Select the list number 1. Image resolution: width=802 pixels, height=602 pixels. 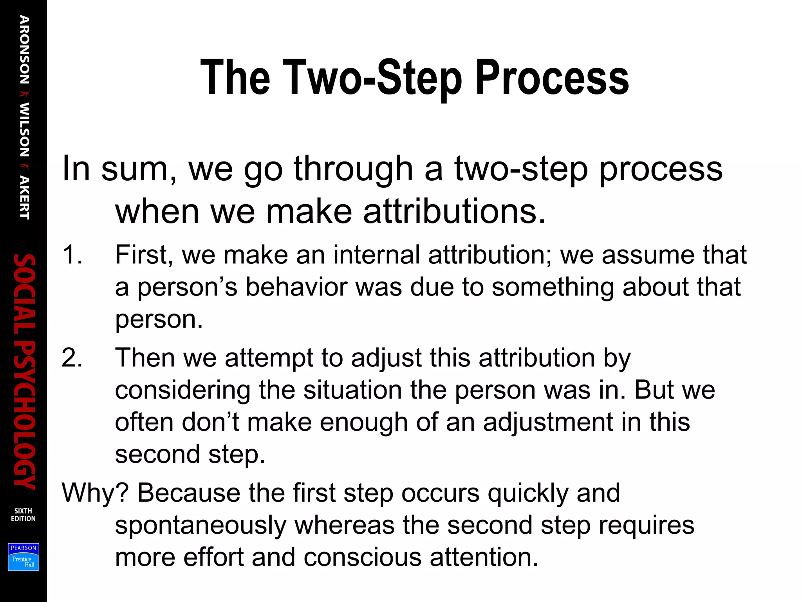click(72, 255)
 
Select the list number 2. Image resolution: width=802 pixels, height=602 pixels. click(72, 358)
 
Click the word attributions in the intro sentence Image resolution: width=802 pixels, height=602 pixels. click(454, 212)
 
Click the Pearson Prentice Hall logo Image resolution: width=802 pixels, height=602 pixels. click(23, 557)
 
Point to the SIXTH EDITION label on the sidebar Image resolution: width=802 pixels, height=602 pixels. click(23, 515)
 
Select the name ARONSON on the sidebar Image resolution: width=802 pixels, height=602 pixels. click(24, 50)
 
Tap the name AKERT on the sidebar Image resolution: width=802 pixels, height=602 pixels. click(24, 198)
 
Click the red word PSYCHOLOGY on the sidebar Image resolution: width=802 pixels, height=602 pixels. click(24, 415)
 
